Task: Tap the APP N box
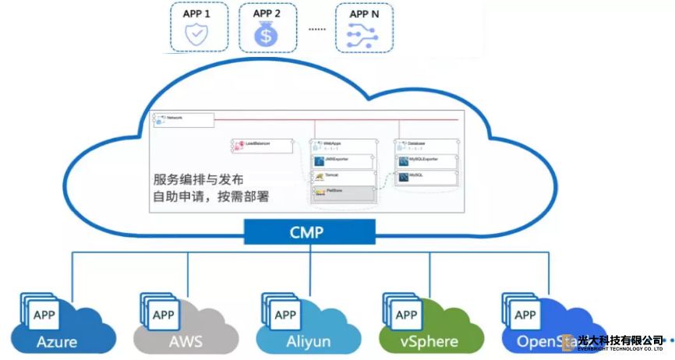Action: pos(364,27)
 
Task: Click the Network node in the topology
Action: pos(184,119)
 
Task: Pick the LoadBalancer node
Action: pos(262,144)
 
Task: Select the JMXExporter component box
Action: pos(343,161)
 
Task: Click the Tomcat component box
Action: pos(343,178)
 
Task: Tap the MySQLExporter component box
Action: pos(427,161)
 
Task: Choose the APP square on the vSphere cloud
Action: pos(406,316)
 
